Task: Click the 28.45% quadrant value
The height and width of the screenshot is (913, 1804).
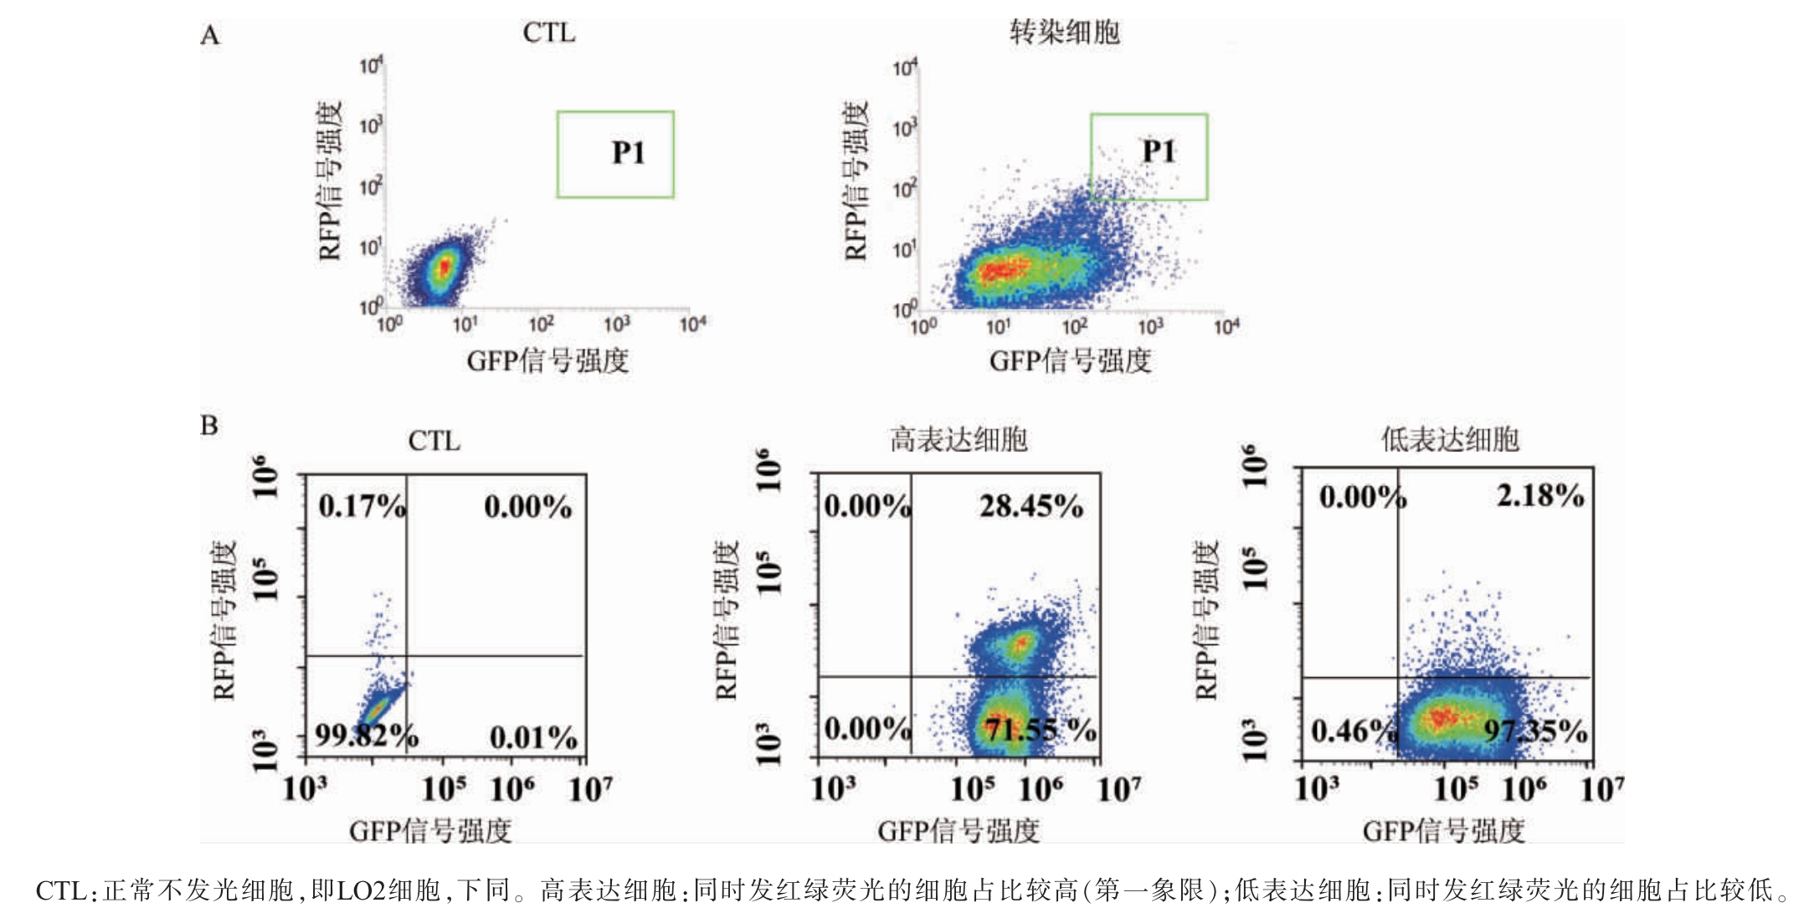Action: [1031, 506]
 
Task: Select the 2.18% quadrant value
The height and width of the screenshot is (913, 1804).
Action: [1540, 495]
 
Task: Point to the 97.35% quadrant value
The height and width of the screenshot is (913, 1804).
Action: [1535, 731]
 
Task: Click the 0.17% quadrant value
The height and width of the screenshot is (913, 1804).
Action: [362, 506]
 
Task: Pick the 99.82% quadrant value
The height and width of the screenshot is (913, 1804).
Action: [366, 736]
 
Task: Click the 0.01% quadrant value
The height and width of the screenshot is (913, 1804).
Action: [533, 737]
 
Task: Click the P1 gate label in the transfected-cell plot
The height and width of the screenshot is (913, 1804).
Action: [1159, 151]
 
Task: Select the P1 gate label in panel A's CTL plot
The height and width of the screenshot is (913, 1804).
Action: [628, 152]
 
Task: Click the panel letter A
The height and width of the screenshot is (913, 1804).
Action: [209, 35]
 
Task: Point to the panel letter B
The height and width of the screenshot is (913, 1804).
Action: [208, 426]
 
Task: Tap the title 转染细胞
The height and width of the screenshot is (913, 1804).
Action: [1064, 33]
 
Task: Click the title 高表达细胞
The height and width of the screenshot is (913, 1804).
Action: [959, 439]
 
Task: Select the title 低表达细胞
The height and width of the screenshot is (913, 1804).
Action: [1450, 439]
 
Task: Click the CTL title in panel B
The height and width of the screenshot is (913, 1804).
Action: [434, 441]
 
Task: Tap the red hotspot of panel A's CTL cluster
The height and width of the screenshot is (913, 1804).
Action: [445, 267]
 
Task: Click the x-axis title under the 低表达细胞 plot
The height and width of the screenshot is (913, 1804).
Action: [1443, 831]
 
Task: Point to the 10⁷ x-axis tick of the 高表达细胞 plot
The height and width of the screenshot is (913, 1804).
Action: [1118, 788]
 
